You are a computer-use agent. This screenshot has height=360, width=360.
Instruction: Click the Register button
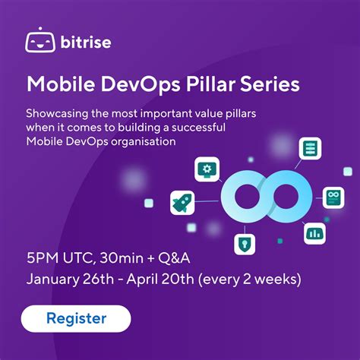76,318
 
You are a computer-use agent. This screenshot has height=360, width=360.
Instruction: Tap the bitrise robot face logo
39,41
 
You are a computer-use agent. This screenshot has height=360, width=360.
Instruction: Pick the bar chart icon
313,232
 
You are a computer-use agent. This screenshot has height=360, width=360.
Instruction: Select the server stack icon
309,147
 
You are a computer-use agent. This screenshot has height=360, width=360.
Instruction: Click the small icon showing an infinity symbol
332,197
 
